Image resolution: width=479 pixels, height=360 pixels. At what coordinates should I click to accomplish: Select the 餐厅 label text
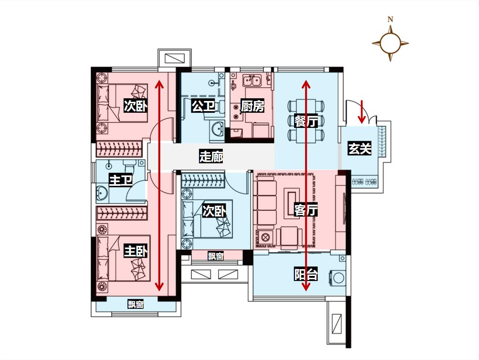coord(306,121)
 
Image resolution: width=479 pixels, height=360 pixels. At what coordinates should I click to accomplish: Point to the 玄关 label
coord(359,148)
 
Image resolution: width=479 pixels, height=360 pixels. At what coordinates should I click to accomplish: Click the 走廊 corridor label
coord(211,156)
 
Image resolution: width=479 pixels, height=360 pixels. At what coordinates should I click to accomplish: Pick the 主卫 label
coord(121,180)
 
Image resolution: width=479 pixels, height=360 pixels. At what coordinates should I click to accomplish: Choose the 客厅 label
coord(306,210)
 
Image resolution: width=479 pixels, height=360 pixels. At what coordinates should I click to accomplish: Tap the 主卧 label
coord(136,251)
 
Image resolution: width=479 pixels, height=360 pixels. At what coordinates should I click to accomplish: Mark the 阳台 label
coord(306,274)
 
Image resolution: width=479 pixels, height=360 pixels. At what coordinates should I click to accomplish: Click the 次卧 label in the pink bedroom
coord(136,106)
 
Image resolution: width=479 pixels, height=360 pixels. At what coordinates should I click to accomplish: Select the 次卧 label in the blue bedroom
coord(214,211)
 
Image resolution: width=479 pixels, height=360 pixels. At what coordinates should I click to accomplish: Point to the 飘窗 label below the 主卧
coord(136,304)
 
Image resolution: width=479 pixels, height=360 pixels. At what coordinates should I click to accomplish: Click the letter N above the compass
coord(390,19)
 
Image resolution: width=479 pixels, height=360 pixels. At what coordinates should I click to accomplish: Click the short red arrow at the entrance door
coord(362,111)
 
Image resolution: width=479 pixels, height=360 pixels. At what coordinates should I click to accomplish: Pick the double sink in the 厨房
coord(252,81)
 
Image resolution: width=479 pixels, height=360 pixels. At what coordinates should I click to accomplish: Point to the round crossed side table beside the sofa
coord(265,237)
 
